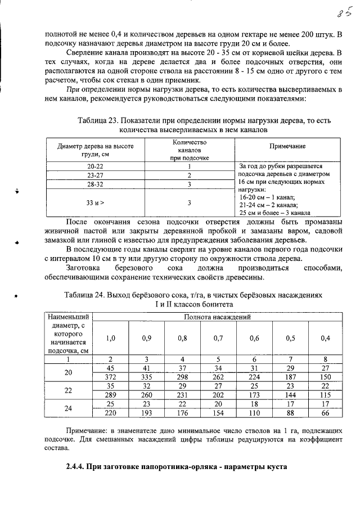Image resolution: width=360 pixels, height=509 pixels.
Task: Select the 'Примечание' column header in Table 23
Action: click(x=287, y=146)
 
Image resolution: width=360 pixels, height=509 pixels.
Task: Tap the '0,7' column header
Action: click(x=219, y=338)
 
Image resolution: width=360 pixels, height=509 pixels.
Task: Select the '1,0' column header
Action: click(x=111, y=338)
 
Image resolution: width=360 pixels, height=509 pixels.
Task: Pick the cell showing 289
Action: click(x=111, y=395)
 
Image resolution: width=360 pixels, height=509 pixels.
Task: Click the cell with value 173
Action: click(x=254, y=395)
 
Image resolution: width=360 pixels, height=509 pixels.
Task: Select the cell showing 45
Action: click(x=111, y=368)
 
